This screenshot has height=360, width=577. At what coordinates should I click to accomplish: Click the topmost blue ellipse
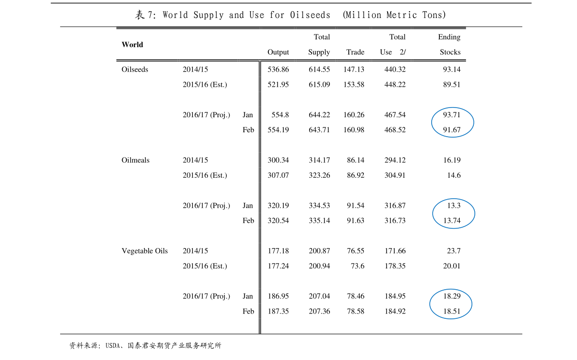tap(452, 122)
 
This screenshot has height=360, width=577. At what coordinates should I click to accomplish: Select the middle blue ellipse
tap(453, 213)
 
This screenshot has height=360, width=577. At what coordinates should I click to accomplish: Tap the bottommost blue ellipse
tap(451, 304)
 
